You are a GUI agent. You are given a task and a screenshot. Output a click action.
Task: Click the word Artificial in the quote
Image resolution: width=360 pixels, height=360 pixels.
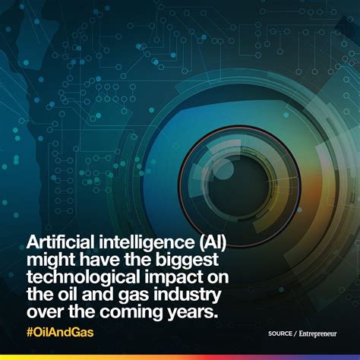click(61, 242)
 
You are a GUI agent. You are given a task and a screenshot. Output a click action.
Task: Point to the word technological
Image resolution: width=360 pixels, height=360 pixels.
click(84, 278)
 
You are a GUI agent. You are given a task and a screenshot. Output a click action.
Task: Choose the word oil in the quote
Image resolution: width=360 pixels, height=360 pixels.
click(65, 295)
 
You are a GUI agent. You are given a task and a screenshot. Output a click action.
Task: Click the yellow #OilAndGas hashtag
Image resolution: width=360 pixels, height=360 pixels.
click(60, 333)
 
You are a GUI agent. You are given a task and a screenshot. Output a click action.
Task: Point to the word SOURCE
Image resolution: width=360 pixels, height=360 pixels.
click(280, 333)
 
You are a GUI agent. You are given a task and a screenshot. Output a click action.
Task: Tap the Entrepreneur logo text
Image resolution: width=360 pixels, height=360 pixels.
click(317, 334)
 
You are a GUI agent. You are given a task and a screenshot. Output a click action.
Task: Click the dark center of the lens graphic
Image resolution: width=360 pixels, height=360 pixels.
click(238, 186)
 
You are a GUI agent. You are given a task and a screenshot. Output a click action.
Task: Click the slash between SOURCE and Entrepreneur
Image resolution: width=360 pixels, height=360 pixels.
click(295, 334)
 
